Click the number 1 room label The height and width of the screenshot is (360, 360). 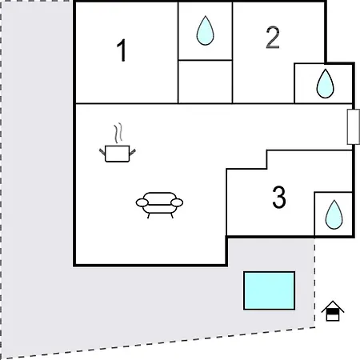(x=122, y=50)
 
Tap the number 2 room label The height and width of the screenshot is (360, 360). (x=273, y=38)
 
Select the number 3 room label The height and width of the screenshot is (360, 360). (x=279, y=197)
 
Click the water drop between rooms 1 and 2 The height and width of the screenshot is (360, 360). (x=205, y=30)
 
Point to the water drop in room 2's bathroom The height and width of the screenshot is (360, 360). (x=325, y=83)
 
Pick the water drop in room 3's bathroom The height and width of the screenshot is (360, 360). (x=334, y=214)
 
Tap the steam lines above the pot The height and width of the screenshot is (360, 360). (x=118, y=132)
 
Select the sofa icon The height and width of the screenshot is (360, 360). (x=159, y=205)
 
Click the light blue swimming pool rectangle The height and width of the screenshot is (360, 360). (x=269, y=290)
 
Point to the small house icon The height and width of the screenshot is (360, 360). (x=333, y=310)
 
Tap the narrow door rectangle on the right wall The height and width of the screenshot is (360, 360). (x=353, y=126)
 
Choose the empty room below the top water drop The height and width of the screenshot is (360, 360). (x=205, y=82)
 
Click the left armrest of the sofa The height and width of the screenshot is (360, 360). (x=142, y=202)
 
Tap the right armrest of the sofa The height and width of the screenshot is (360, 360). (x=177, y=202)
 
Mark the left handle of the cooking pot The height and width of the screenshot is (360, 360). (x=102, y=152)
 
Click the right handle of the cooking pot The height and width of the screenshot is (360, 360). (x=133, y=152)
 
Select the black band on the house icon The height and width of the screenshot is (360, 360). (x=333, y=311)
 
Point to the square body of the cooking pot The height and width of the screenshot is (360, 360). (x=118, y=154)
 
